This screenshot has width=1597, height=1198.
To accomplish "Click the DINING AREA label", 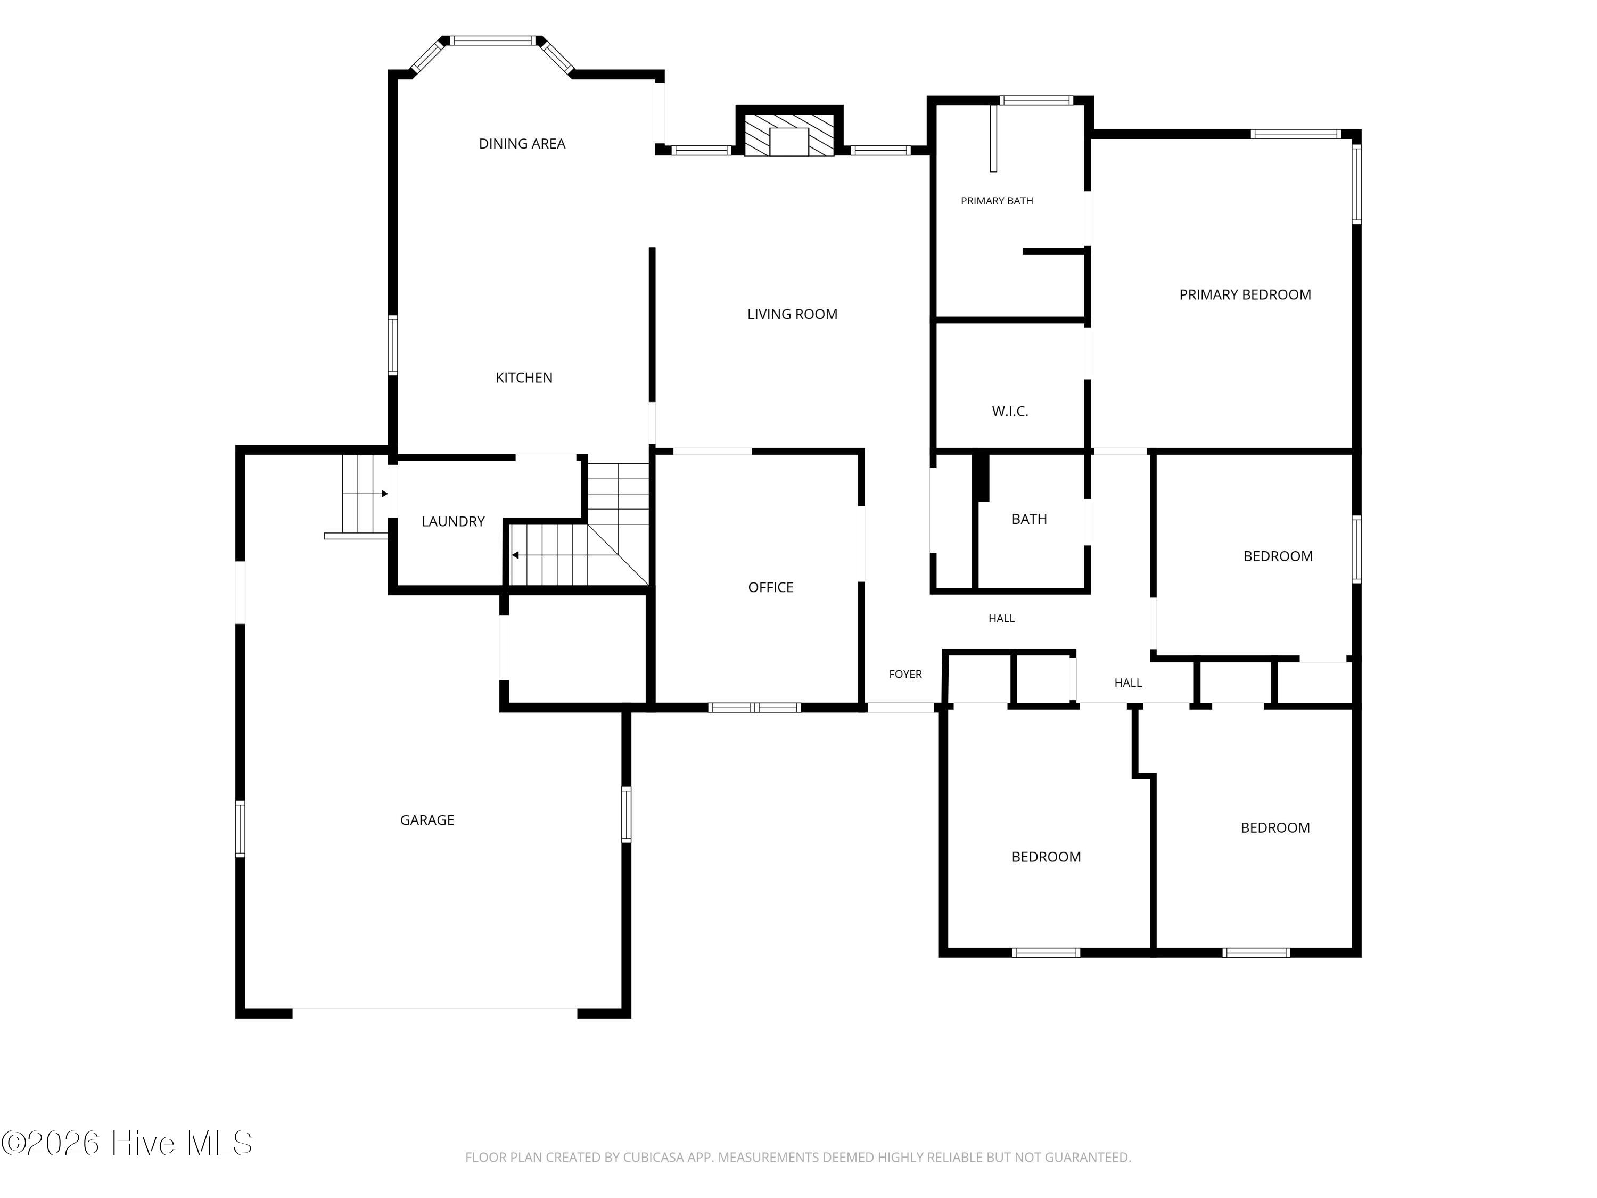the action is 522,144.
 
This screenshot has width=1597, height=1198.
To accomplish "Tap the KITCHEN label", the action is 524,378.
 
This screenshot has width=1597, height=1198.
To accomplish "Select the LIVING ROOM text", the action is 792,314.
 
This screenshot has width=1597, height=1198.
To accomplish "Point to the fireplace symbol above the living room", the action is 789,134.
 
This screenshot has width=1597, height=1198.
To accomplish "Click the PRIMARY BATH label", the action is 997,201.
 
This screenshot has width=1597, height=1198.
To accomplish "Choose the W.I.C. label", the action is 1010,412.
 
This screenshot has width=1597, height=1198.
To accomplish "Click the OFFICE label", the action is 770,588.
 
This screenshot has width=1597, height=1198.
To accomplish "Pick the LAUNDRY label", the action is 452,521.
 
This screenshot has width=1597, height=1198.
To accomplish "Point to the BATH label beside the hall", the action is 1030,519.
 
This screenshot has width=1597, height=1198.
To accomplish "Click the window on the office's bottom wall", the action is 754,708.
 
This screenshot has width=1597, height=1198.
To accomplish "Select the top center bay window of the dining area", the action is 495,40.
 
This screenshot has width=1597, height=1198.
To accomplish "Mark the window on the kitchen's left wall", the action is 393,345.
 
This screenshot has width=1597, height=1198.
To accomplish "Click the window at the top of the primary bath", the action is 1036,101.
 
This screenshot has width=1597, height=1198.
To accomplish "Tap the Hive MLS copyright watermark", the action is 127,1143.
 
